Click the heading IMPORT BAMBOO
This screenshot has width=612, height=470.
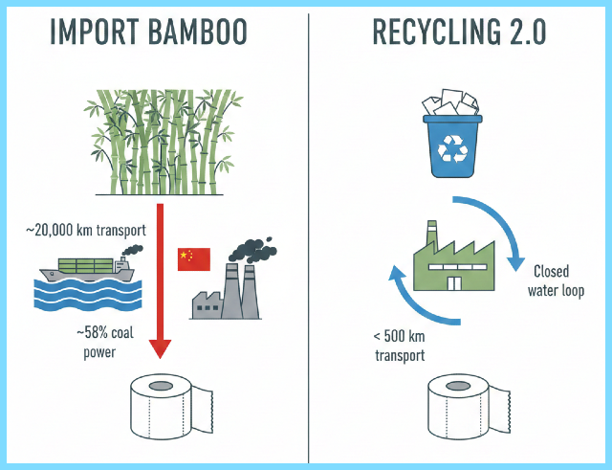(153, 34)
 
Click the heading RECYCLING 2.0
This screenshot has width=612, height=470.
(460, 34)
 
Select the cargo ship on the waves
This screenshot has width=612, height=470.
(92, 268)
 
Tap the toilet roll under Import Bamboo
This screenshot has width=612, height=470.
(160, 402)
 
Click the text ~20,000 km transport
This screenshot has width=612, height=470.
(85, 231)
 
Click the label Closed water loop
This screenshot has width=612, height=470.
(557, 280)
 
